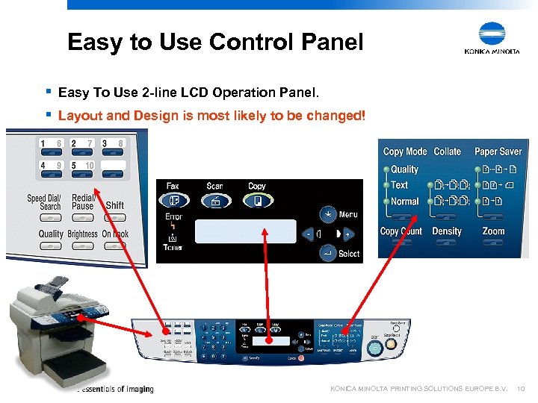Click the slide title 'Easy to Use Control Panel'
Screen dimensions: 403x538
pyautogui.click(x=215, y=42)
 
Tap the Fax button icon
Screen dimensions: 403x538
pyautogui.click(x=173, y=200)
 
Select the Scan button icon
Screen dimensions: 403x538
pyautogui.click(x=214, y=200)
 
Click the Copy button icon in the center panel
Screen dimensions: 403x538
pyautogui.click(x=256, y=200)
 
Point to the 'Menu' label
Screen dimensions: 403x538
pyautogui.click(x=348, y=214)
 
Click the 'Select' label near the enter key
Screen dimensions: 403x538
pyautogui.click(x=349, y=254)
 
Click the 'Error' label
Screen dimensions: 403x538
pyautogui.click(x=173, y=217)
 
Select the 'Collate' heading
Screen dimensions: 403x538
pyautogui.click(x=447, y=151)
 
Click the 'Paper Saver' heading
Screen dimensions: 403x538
pyautogui.click(x=498, y=151)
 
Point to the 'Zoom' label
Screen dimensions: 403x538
pyautogui.click(x=493, y=231)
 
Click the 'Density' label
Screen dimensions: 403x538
pyautogui.click(x=447, y=231)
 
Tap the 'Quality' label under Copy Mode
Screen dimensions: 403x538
pyautogui.click(x=404, y=169)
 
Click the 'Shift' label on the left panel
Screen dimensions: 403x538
pyautogui.click(x=115, y=205)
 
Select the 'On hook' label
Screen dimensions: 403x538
pyautogui.click(x=115, y=234)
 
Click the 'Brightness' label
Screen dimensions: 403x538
pyautogui.click(x=82, y=234)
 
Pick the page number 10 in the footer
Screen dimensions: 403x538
pyautogui.click(x=521, y=389)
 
